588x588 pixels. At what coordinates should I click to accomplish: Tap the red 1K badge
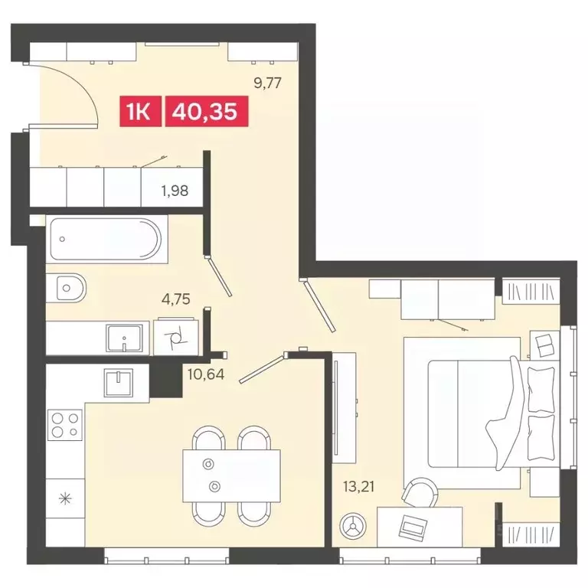tap(139, 113)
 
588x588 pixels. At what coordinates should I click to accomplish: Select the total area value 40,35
tap(204, 113)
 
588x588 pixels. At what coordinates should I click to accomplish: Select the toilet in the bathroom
tap(71, 289)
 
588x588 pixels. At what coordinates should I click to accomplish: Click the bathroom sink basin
tap(125, 337)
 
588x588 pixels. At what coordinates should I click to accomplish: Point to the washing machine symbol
tap(175, 337)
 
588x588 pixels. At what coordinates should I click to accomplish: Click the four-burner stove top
tap(65, 424)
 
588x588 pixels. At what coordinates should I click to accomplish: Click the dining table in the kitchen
tap(230, 475)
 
